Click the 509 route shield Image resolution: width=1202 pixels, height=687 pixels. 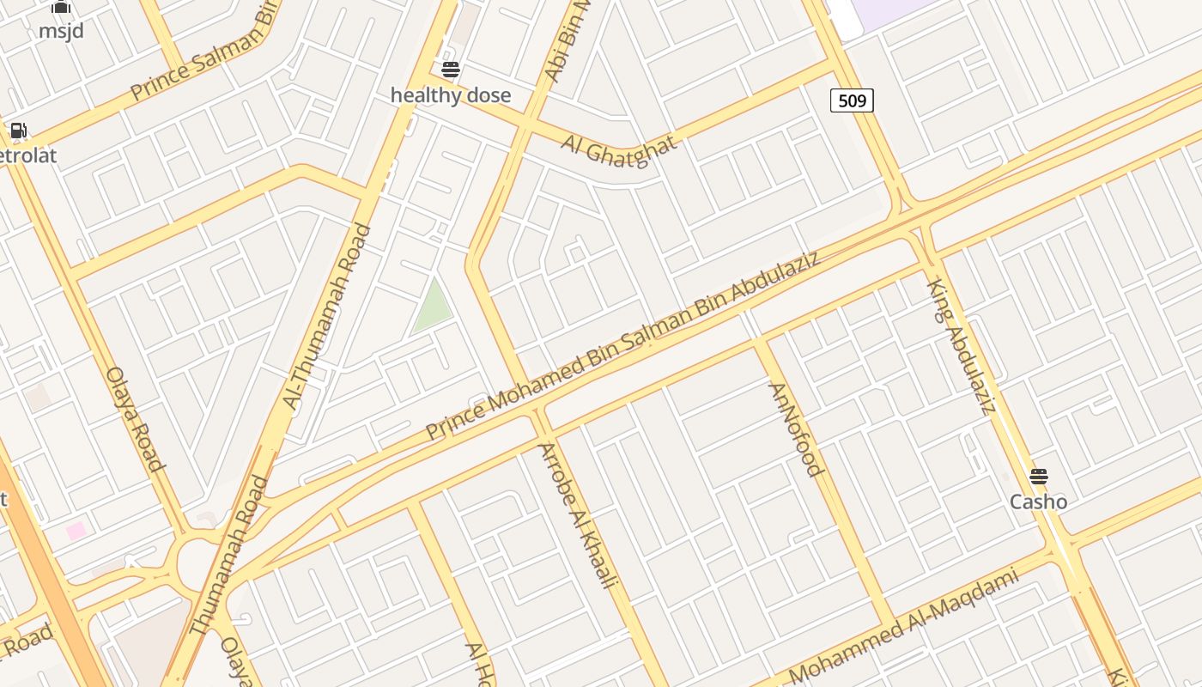(x=852, y=101)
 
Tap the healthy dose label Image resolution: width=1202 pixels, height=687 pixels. (x=451, y=95)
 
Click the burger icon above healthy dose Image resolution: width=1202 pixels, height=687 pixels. (x=451, y=70)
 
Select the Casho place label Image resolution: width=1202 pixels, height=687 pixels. (x=1038, y=502)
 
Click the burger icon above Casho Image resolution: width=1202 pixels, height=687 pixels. (x=1039, y=476)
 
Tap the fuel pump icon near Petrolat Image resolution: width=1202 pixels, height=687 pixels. (x=18, y=131)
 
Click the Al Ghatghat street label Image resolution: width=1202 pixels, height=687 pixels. (x=619, y=150)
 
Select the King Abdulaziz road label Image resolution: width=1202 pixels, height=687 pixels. (x=962, y=345)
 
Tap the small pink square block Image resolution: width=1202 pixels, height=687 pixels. (x=76, y=531)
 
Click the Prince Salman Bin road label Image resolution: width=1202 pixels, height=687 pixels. (x=205, y=53)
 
